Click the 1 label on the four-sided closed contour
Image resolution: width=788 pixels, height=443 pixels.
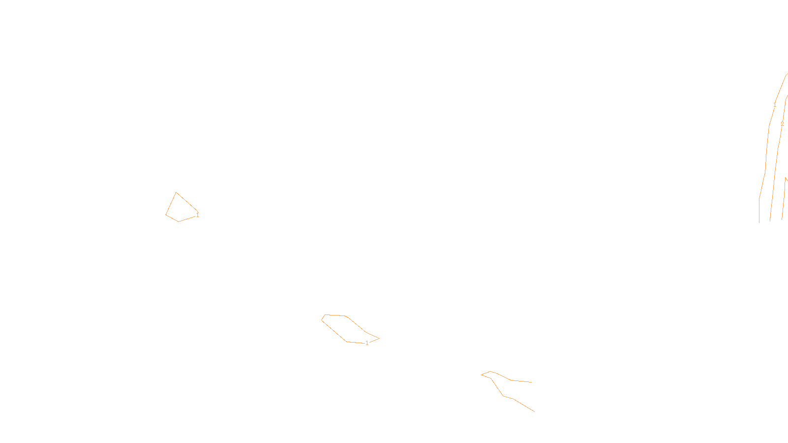click(x=197, y=215)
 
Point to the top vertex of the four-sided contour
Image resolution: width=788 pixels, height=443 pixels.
click(x=176, y=192)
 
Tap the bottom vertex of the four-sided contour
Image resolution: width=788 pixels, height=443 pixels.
click(x=178, y=221)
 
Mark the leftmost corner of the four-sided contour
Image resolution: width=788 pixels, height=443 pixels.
click(x=166, y=215)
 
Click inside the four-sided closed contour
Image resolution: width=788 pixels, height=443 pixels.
click(x=179, y=209)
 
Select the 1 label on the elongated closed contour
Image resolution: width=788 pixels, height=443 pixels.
click(x=367, y=343)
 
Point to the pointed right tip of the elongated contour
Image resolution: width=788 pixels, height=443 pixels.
click(x=379, y=338)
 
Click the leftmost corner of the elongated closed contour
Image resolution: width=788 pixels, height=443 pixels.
click(x=322, y=319)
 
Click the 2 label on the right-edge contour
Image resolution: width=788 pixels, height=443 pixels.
click(x=782, y=124)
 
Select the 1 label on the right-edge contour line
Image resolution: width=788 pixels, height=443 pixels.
click(x=775, y=105)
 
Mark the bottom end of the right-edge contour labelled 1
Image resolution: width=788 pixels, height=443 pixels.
click(x=759, y=222)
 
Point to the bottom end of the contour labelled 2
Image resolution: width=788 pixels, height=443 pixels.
click(x=770, y=220)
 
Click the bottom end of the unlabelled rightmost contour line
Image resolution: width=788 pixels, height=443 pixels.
click(x=782, y=219)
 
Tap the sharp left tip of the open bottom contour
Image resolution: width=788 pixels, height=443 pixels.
click(x=481, y=375)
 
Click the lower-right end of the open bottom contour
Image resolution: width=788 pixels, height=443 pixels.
click(x=534, y=411)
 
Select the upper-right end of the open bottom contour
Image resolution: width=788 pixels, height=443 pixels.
click(x=531, y=382)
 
